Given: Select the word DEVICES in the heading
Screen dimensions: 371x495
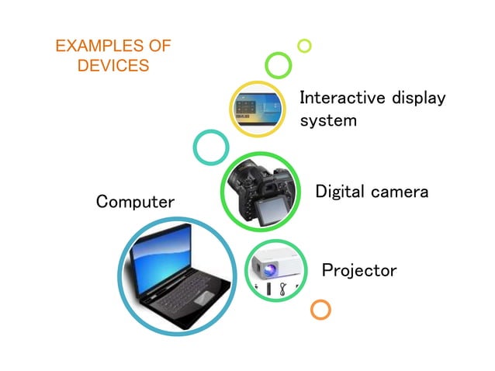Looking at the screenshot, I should point(113,65).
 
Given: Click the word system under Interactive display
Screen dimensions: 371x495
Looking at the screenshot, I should point(328,121).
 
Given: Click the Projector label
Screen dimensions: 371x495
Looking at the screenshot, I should point(358,270).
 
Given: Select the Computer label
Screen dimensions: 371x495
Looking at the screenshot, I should point(135,202).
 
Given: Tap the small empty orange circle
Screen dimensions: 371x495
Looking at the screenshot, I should point(320,309).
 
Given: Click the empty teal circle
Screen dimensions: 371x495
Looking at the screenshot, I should point(209,147).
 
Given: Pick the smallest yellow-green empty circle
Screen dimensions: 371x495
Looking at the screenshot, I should point(304,45).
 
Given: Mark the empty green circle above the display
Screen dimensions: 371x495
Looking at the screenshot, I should point(277,64).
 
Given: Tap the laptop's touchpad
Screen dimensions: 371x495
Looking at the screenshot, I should point(203,297).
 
